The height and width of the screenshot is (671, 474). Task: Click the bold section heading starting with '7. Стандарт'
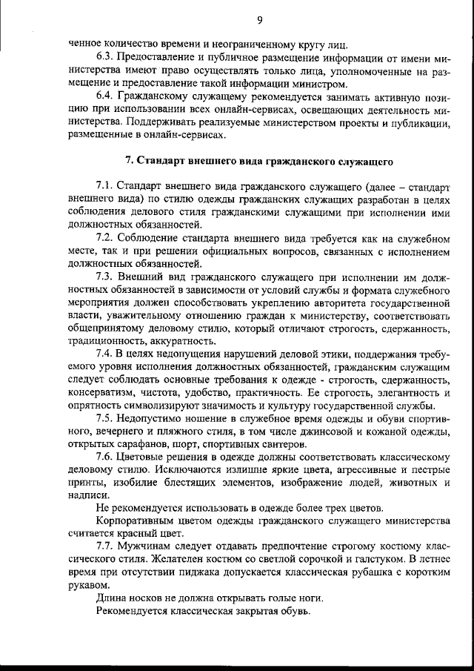coord(259,160)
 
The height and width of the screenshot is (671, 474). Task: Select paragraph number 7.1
coord(106,185)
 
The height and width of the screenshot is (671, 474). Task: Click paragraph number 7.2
coord(106,237)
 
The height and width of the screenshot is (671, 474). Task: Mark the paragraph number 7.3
coord(106,277)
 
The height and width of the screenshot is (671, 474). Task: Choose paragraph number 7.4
coord(106,354)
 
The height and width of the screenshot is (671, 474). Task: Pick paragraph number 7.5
coord(106,418)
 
